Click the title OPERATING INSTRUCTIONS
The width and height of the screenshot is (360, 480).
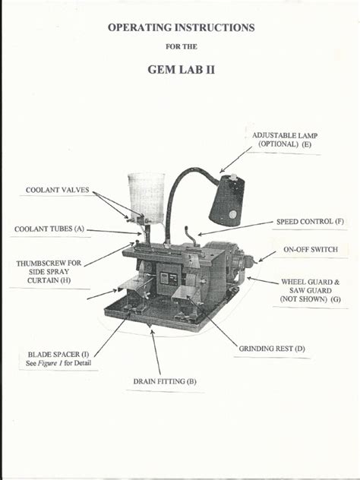pyautogui.click(x=180, y=27)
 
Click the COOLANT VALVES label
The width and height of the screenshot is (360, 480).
pyautogui.click(x=58, y=190)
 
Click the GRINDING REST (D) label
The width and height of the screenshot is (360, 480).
pyautogui.click(x=272, y=349)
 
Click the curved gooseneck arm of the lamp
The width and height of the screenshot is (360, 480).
pyautogui.click(x=179, y=190)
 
